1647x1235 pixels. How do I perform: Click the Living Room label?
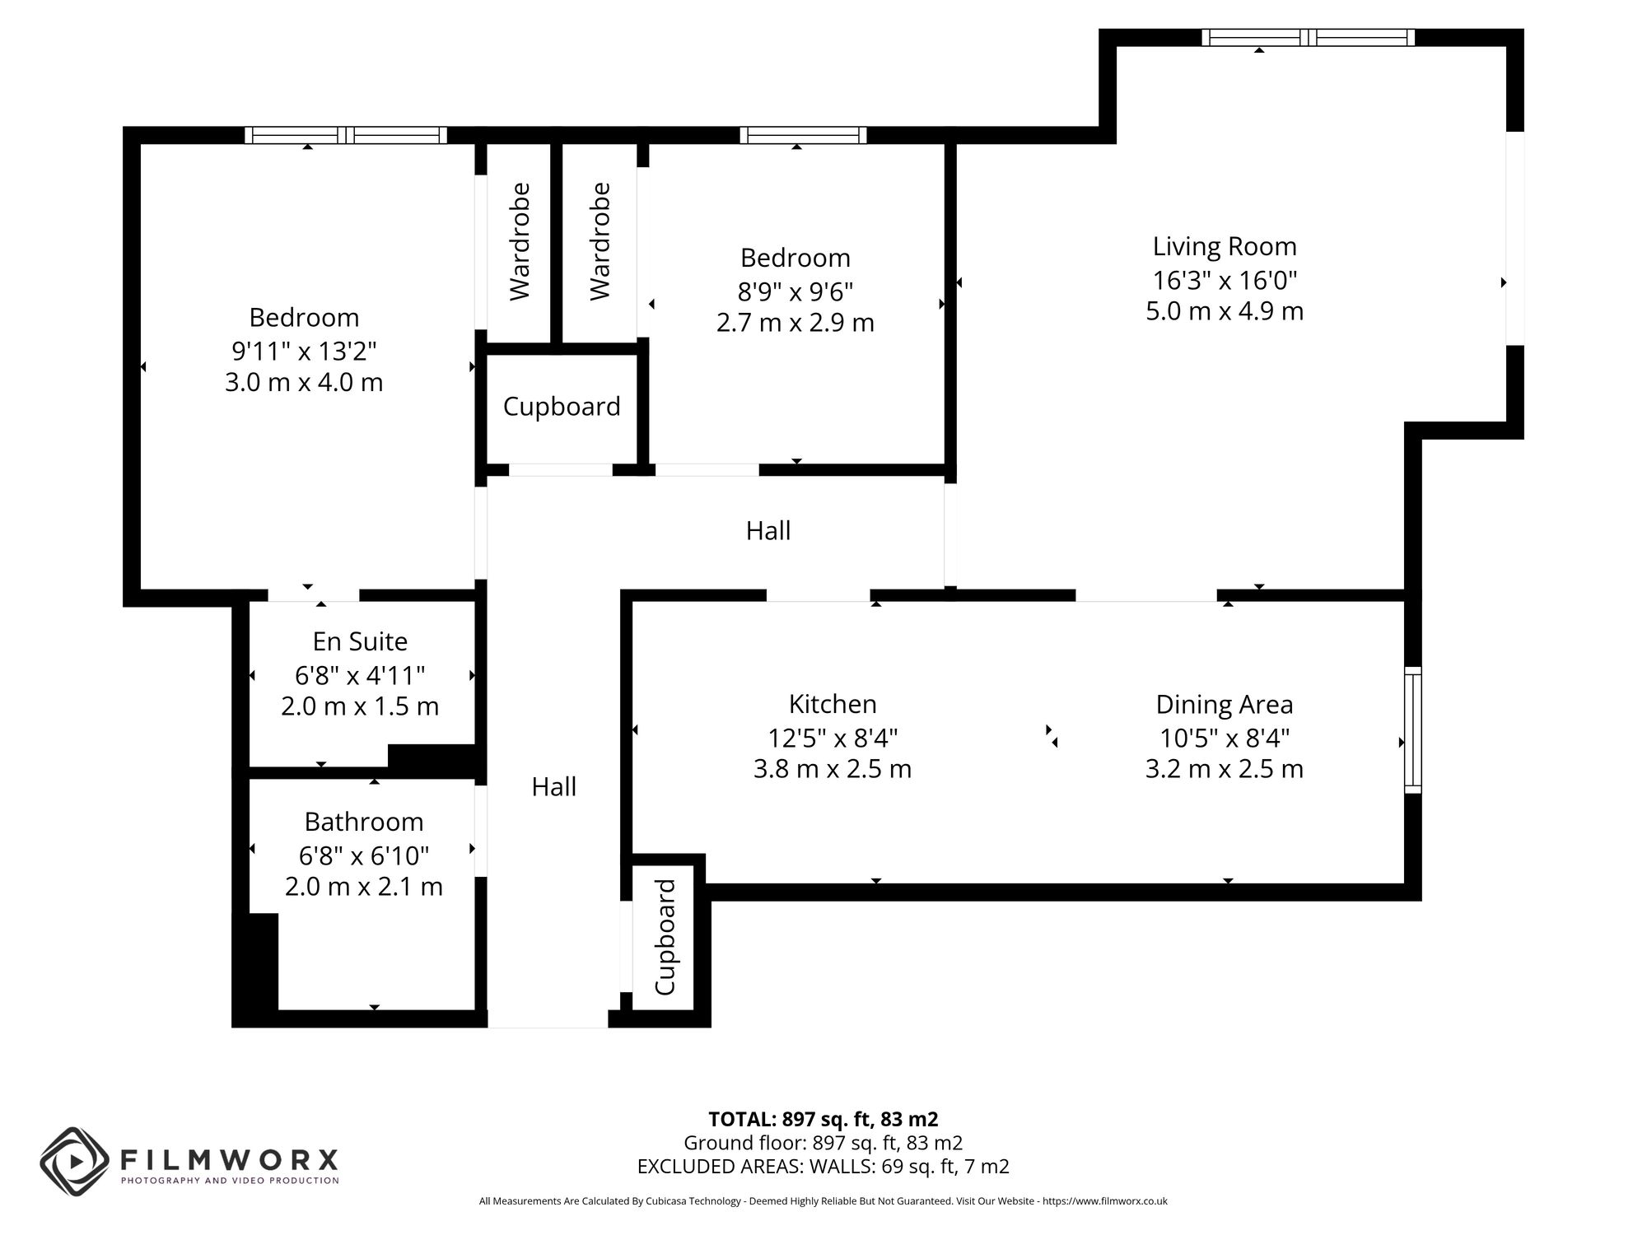tap(1224, 246)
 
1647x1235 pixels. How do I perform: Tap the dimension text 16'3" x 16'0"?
tap(1224, 281)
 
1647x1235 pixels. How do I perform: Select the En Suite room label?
tap(360, 641)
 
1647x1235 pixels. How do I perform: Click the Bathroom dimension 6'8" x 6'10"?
tap(363, 856)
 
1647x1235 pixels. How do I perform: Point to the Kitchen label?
tap(833, 704)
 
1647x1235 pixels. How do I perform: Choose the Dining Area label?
tap(1224, 705)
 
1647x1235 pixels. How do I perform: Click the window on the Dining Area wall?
tap(1412, 729)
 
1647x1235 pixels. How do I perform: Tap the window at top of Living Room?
tap(1308, 37)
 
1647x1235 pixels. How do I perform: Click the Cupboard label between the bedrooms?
tap(562, 407)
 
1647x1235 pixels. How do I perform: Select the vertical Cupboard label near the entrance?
tap(665, 937)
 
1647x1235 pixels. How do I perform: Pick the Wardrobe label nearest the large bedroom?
tap(520, 241)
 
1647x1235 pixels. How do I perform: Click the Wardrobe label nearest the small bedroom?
tap(600, 241)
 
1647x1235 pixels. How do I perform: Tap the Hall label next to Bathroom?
tap(553, 787)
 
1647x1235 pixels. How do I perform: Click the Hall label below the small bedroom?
tap(768, 531)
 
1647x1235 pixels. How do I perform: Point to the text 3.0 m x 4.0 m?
tap(304, 383)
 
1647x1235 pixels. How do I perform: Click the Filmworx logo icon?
tap(74, 1162)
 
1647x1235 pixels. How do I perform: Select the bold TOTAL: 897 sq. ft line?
tap(823, 1119)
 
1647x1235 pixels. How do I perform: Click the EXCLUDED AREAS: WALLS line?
tap(823, 1167)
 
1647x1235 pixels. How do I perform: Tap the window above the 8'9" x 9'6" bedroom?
tap(803, 135)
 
